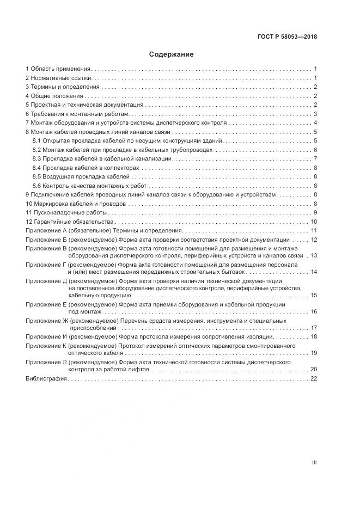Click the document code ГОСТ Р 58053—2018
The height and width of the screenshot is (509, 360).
tap(287, 37)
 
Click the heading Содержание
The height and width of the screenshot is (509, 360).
tap(171, 54)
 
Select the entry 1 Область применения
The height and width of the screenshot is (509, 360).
tap(59, 70)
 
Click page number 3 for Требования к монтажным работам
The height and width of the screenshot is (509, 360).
tap(315, 114)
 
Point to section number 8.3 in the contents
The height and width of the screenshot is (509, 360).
tap(38, 158)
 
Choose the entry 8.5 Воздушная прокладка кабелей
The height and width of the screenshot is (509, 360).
tap(82, 176)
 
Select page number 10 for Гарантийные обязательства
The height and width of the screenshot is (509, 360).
tap(314, 222)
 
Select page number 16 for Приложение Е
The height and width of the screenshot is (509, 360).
tap(314, 311)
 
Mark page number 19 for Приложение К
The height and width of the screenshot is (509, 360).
tap(314, 353)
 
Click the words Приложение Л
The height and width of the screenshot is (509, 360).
tap(46, 361)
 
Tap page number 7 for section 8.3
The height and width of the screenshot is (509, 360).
tap(315, 158)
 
